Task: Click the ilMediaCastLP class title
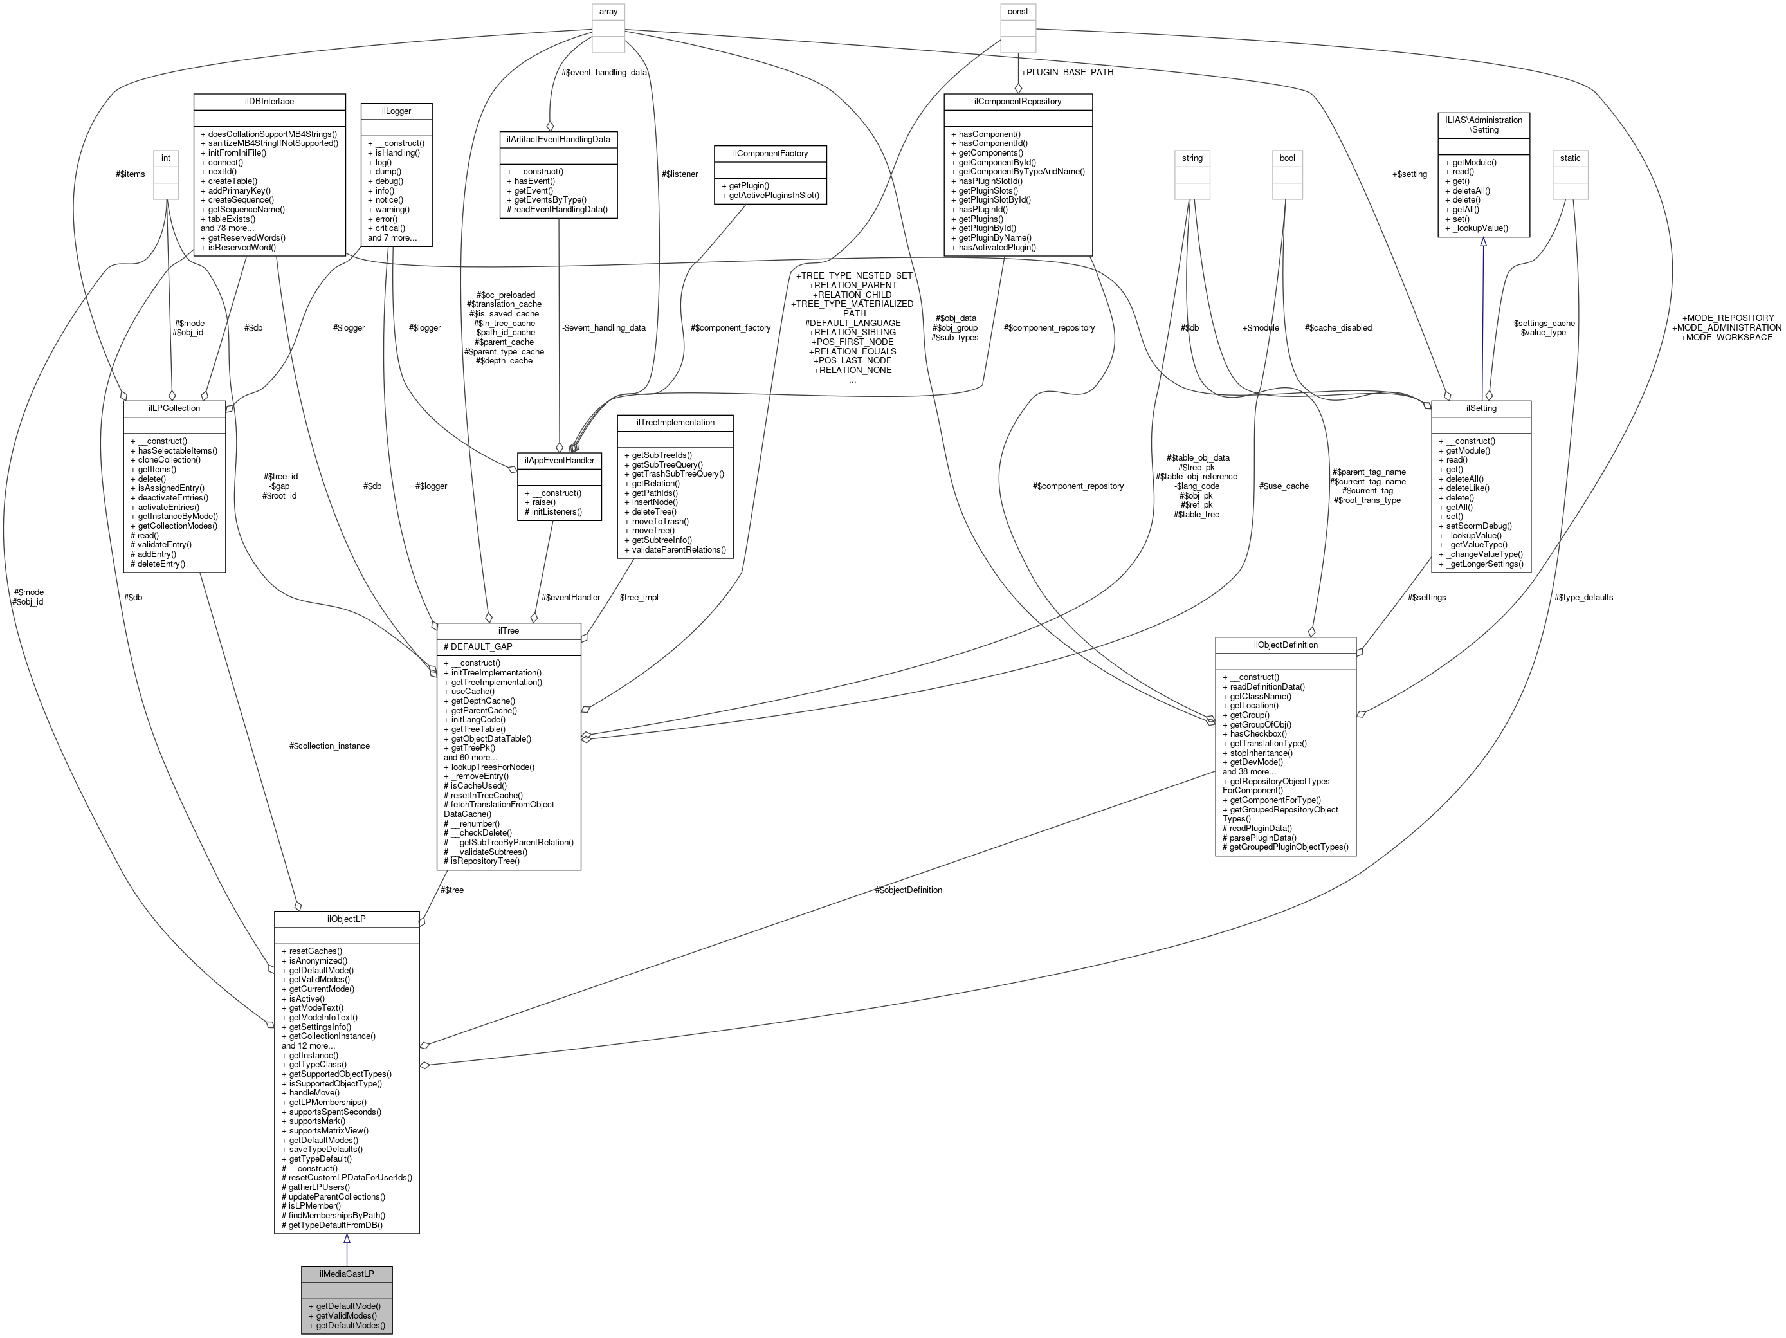point(347,1274)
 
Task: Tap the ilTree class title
point(509,630)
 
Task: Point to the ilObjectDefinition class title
point(1286,645)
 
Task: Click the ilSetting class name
point(1481,408)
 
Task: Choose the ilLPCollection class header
point(174,408)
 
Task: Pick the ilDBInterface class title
point(269,102)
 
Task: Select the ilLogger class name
point(396,111)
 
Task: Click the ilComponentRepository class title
point(1017,102)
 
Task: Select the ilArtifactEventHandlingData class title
point(559,140)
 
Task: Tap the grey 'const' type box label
point(1017,12)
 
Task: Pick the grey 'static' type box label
point(1570,158)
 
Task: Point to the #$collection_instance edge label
point(329,746)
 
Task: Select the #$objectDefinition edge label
point(908,890)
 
